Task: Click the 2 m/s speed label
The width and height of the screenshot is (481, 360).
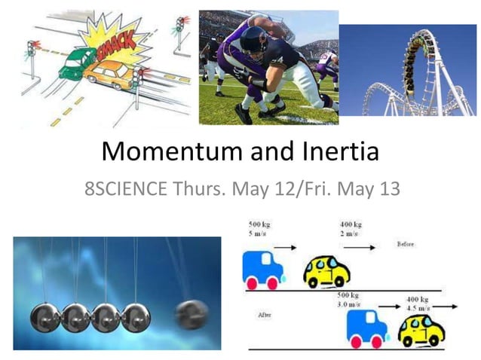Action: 348,234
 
